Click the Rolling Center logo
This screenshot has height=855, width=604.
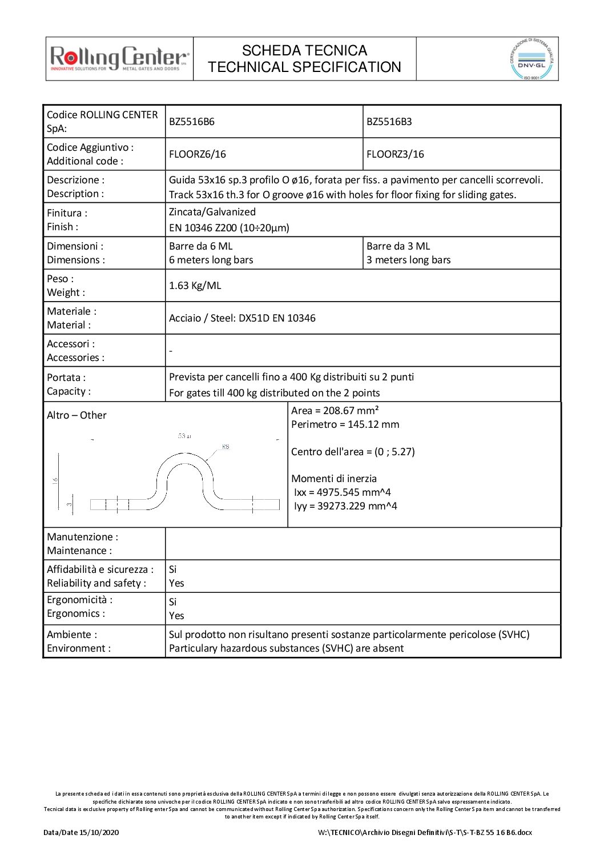point(119,58)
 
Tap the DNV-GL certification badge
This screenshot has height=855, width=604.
point(531,59)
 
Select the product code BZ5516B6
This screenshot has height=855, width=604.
point(192,122)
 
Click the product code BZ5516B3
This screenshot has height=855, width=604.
point(389,122)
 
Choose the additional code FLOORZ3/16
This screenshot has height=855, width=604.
point(395,154)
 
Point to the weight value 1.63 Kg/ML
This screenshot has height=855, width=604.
point(195,286)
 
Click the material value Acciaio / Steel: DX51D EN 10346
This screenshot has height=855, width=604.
point(242,318)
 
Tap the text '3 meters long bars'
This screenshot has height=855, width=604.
point(408,260)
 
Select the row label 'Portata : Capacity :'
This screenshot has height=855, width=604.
point(69,384)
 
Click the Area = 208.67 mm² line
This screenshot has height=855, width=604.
point(335,411)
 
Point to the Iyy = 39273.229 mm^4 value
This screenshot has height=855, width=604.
point(345,506)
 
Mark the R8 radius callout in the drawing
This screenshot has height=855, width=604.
point(226,447)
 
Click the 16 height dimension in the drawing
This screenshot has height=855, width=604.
point(55,480)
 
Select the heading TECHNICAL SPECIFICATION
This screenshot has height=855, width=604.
point(304,67)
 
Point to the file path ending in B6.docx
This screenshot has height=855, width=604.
point(425,832)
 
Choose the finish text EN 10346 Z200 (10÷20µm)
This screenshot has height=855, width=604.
point(229,228)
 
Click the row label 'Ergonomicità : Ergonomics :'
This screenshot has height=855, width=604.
point(79,607)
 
